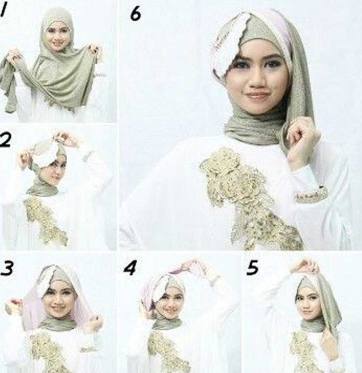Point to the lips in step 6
258,96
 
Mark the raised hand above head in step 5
304,265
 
